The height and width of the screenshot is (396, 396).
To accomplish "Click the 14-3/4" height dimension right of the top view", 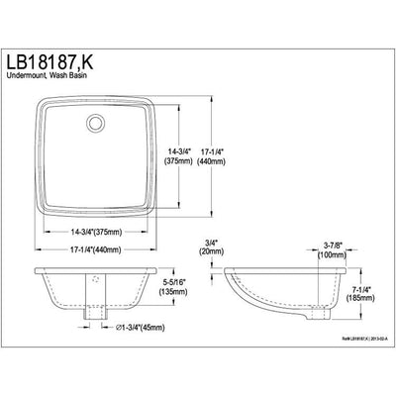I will pos(184,151).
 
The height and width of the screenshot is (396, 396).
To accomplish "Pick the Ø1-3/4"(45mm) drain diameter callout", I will pos(133,328).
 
